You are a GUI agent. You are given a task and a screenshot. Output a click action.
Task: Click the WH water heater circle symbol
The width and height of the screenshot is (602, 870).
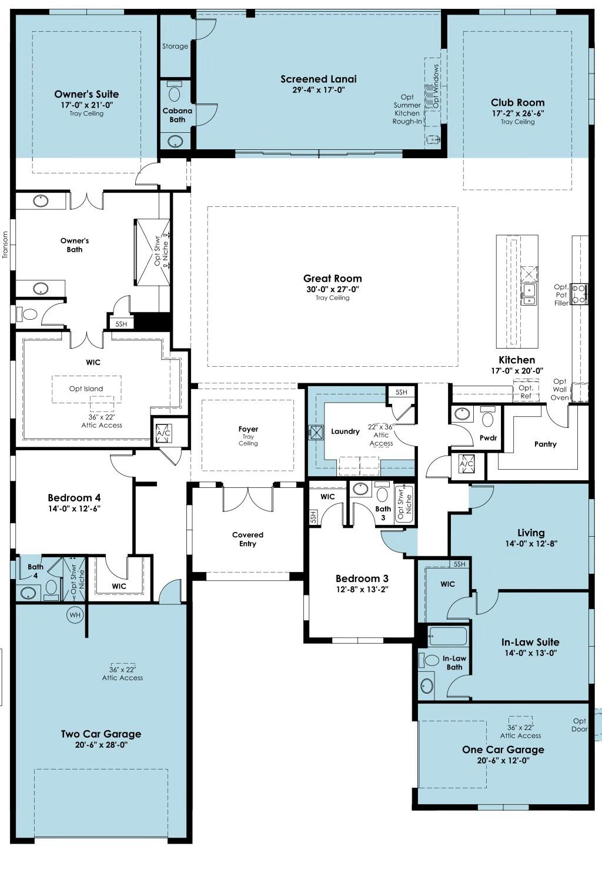coord(75,615)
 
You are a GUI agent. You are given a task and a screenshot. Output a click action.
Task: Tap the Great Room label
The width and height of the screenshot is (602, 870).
coord(333,278)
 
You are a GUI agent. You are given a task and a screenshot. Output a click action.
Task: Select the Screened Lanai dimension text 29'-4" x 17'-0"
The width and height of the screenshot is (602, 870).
coord(319,90)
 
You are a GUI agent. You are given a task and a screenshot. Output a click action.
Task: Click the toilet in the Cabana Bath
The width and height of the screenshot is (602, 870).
coord(175,92)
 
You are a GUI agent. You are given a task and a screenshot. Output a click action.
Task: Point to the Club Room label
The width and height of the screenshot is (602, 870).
coord(517,102)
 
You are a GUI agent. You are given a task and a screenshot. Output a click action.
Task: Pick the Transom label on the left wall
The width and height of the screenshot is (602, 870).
coord(5,245)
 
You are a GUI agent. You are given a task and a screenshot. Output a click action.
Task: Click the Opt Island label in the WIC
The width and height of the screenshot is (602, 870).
coord(86,389)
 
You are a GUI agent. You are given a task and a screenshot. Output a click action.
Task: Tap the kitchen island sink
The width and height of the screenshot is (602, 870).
coord(529,294)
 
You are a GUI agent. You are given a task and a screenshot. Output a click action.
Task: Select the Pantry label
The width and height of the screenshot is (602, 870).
coord(546,444)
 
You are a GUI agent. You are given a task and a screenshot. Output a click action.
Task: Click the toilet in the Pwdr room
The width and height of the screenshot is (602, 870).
coord(487,416)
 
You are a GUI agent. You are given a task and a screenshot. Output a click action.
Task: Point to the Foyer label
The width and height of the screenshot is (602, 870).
coord(248,429)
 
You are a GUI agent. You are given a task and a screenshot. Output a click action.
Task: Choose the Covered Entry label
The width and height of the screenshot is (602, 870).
coord(248,539)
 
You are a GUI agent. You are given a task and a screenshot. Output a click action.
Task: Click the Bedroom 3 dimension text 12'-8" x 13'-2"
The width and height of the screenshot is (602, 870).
coord(362,589)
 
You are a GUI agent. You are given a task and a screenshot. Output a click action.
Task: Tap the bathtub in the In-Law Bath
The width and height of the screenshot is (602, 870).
coord(448,637)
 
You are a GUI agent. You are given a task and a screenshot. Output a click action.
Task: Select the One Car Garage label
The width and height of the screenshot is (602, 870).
coord(503,749)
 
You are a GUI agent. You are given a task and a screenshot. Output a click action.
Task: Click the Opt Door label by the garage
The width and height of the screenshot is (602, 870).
coord(579,725)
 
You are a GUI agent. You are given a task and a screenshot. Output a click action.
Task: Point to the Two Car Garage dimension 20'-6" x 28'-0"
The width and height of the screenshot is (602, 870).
coord(101,745)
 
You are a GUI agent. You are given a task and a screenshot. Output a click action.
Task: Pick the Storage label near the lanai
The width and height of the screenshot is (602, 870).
coord(175,46)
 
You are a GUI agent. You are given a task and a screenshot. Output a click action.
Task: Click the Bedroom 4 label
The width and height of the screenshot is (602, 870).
coord(74,497)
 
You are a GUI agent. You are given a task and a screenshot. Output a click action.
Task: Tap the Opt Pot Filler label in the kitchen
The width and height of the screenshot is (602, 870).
coord(561,295)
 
